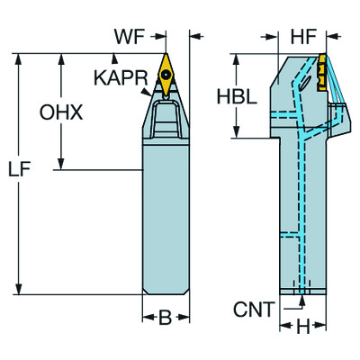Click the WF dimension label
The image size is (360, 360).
pyautogui.click(x=128, y=38)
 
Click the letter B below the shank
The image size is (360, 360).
pyautogui.click(x=166, y=319)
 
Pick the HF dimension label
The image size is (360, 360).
pyautogui.click(x=303, y=38)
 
